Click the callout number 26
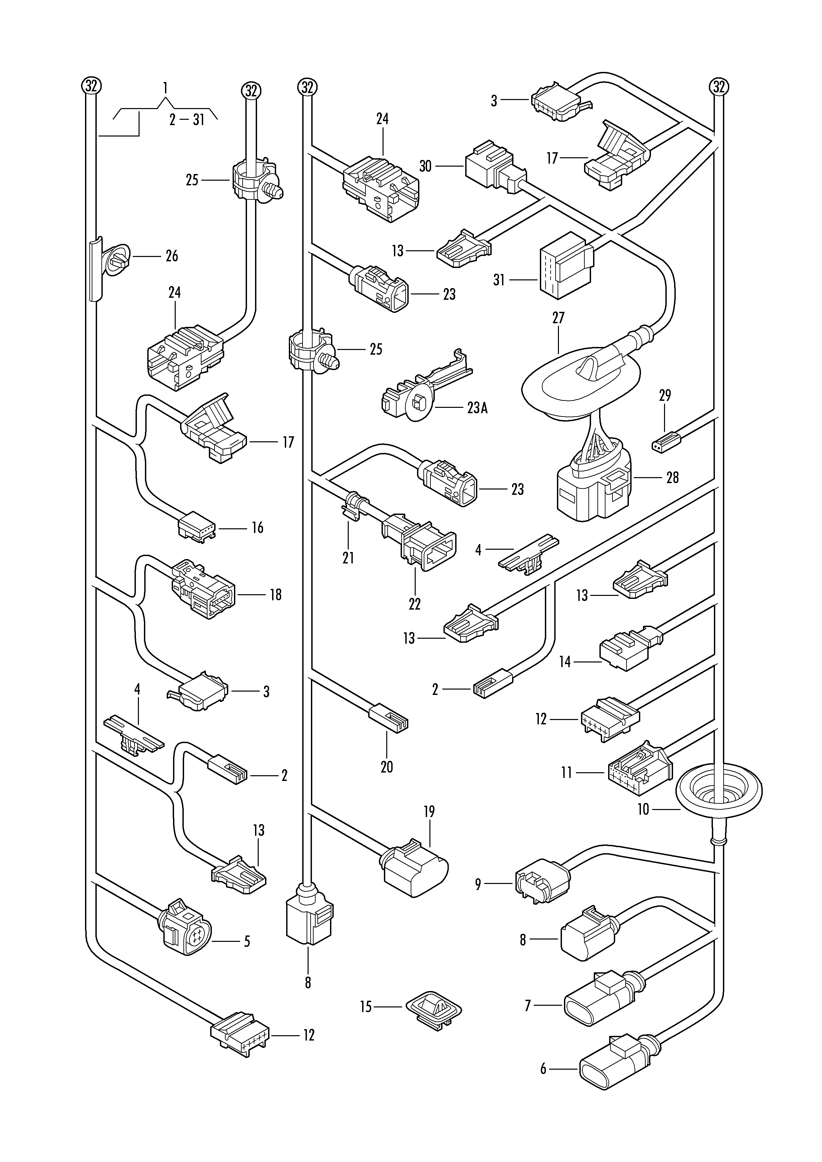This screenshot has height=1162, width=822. click(x=172, y=256)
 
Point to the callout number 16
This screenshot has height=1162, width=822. click(x=258, y=528)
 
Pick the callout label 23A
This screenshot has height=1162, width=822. click(x=477, y=408)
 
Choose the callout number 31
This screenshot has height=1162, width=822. click(x=499, y=280)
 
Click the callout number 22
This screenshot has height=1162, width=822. click(x=415, y=604)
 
